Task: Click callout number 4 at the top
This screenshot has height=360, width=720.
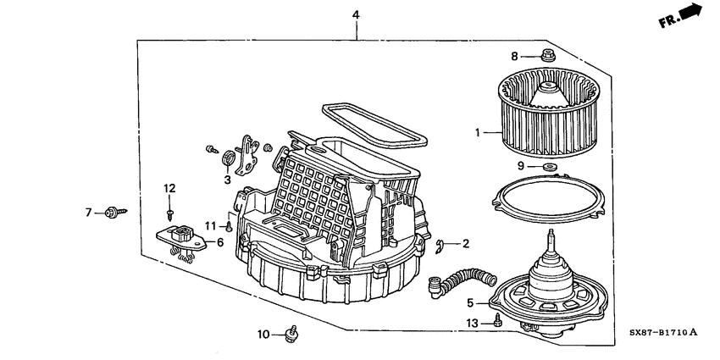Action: tap(356, 15)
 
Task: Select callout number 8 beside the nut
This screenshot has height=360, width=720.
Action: tap(513, 56)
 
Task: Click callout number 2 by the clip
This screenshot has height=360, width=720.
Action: tap(466, 244)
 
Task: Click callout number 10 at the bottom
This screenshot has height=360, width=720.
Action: tap(263, 335)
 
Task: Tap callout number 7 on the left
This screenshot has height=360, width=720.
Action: tap(87, 212)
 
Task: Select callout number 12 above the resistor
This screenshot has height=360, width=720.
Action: tap(169, 187)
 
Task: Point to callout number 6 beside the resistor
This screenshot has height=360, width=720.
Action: tap(220, 243)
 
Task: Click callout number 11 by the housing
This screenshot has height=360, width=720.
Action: tap(212, 226)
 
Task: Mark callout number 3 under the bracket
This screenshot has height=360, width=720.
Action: tap(228, 180)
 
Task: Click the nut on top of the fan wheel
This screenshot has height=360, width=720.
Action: tap(547, 57)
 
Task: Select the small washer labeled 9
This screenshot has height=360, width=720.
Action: tap(548, 167)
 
